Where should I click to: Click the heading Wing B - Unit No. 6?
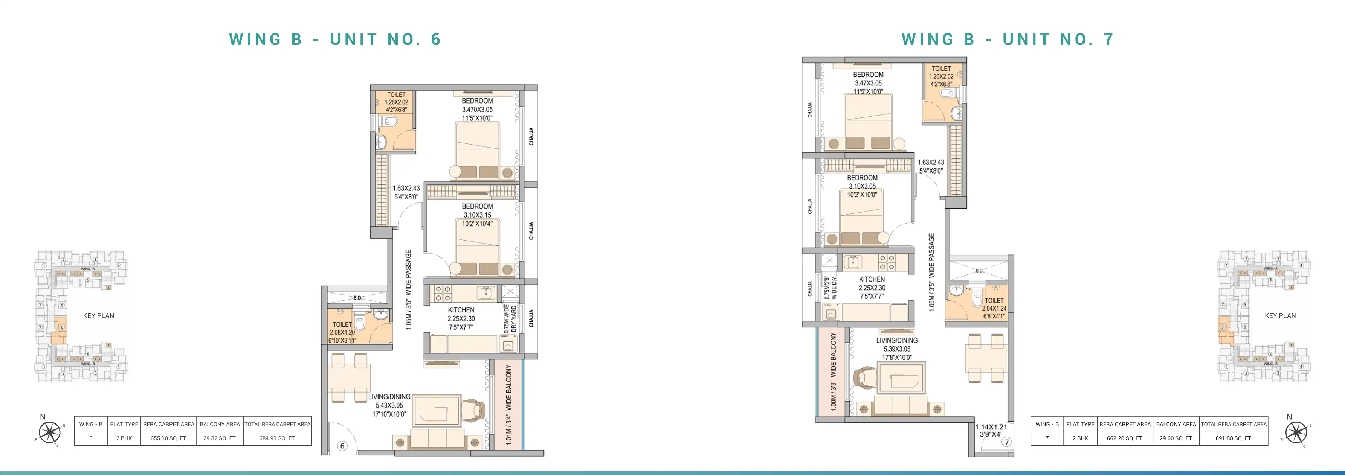335,40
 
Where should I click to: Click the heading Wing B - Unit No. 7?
1008,40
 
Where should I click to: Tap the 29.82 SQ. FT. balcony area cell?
219,438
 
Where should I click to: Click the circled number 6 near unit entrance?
342,446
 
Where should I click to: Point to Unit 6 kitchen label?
461,318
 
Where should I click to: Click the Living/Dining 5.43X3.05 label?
389,405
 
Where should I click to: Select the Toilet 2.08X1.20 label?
342,332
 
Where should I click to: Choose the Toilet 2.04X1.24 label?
994,308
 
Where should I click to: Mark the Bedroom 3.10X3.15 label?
477,215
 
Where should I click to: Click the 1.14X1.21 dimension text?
991,431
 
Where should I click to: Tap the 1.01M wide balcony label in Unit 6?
508,405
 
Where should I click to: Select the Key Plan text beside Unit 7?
1280,316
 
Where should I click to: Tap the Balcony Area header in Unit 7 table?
1176,424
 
